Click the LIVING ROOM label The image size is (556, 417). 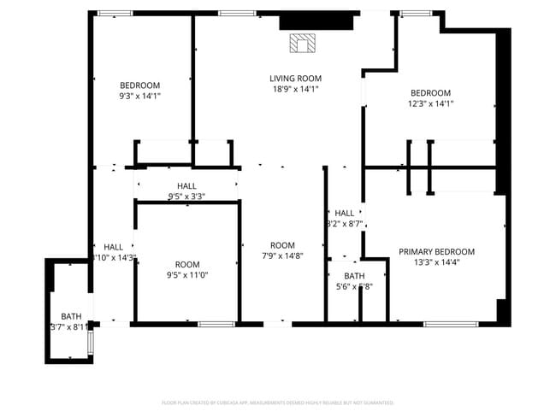(x=295, y=79)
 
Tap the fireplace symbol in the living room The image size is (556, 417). (x=302, y=43)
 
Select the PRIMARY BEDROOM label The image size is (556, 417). (x=436, y=252)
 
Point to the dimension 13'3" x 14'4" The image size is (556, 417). (x=436, y=262)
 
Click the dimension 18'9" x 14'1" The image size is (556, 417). (x=295, y=89)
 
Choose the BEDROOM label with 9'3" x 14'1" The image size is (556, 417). (x=139, y=85)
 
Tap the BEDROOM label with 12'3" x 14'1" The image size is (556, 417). (x=429, y=93)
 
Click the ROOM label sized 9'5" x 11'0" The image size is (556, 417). (x=187, y=265)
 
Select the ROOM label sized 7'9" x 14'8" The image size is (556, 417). (x=282, y=245)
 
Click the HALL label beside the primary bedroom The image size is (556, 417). (x=345, y=213)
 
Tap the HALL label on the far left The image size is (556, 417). (x=114, y=247)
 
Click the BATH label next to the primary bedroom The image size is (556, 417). (x=354, y=276)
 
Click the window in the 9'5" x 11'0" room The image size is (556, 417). (x=216, y=324)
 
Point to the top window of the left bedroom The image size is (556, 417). (x=114, y=14)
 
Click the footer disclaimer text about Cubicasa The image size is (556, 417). (x=277, y=402)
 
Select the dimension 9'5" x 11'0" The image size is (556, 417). (x=187, y=275)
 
